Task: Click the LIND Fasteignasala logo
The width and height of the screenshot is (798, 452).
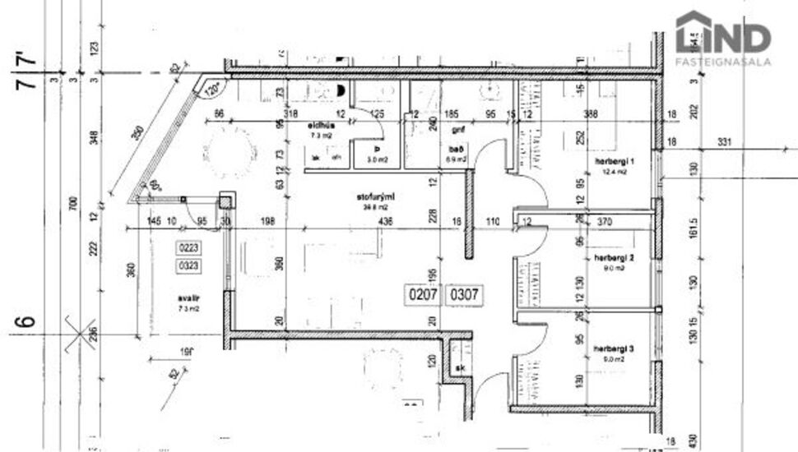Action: click(x=723, y=39)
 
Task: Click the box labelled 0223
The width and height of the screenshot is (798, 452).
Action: click(x=189, y=247)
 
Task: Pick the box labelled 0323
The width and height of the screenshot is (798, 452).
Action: click(x=189, y=265)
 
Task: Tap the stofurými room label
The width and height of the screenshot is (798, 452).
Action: click(x=371, y=197)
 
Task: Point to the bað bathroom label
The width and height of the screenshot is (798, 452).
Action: click(x=452, y=149)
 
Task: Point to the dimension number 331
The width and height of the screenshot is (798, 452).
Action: click(x=723, y=143)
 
